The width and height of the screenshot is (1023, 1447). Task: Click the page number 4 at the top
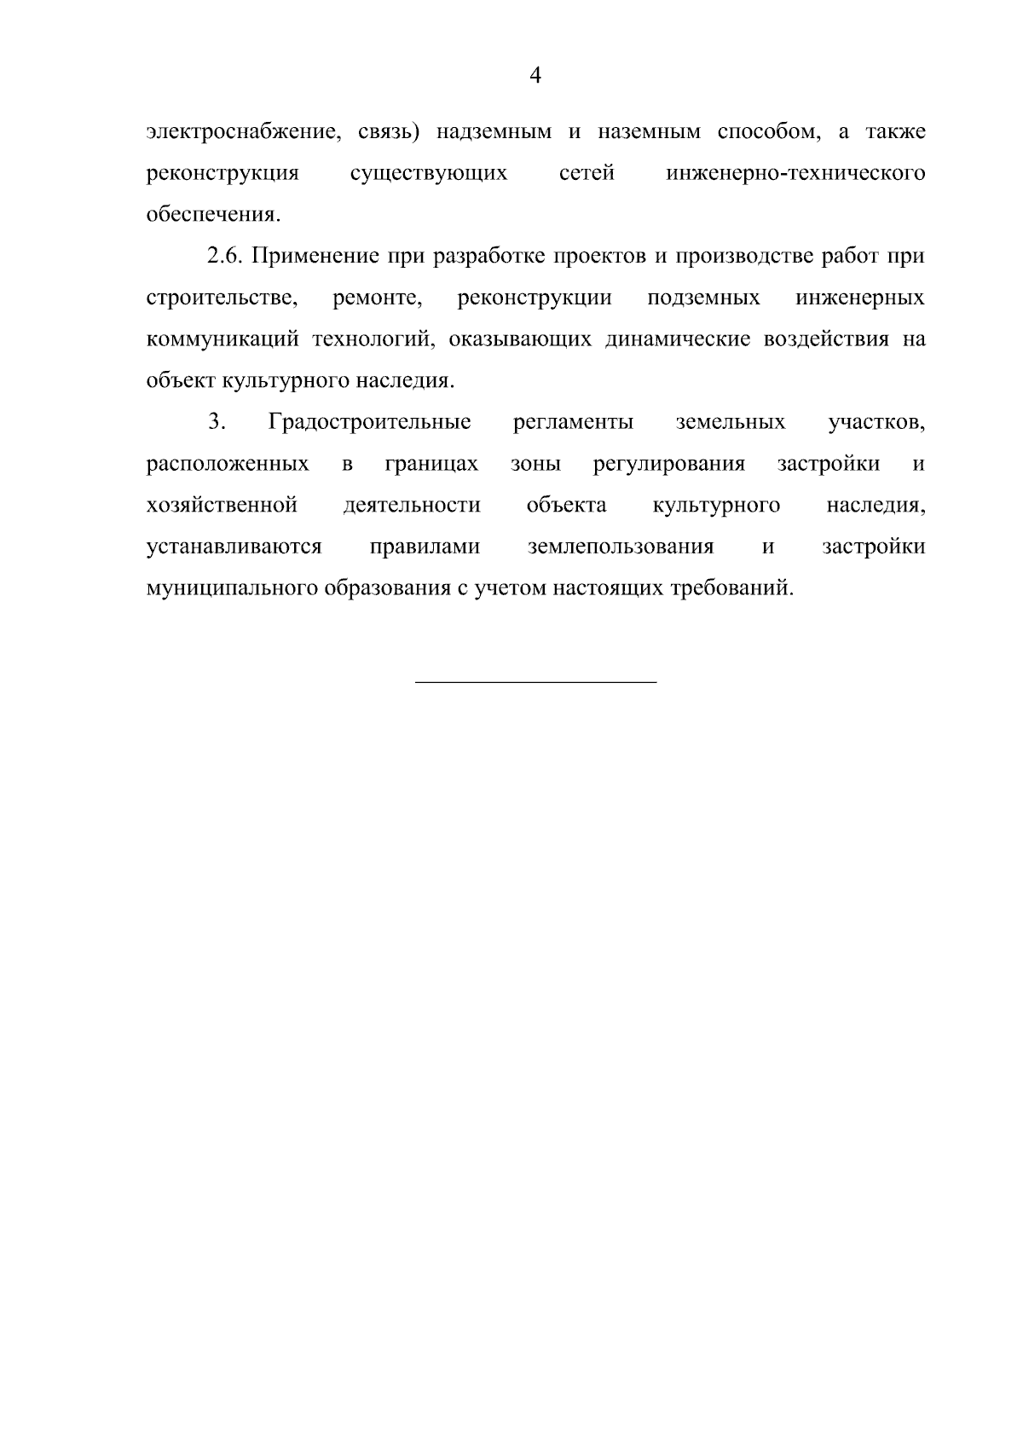point(535,76)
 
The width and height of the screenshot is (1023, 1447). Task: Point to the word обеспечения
point(213,215)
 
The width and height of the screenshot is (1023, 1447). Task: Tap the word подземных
point(704,298)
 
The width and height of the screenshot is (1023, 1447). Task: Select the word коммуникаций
point(223,340)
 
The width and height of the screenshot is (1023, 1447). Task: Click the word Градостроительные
point(369,422)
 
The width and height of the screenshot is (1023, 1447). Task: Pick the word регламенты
point(574,422)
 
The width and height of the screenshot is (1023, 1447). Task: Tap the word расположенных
point(228,465)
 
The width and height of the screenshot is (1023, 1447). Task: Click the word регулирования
point(669,465)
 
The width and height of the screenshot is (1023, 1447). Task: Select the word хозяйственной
point(222,506)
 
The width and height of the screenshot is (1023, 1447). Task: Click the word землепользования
point(621,547)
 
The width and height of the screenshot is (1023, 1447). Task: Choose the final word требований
point(731,589)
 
